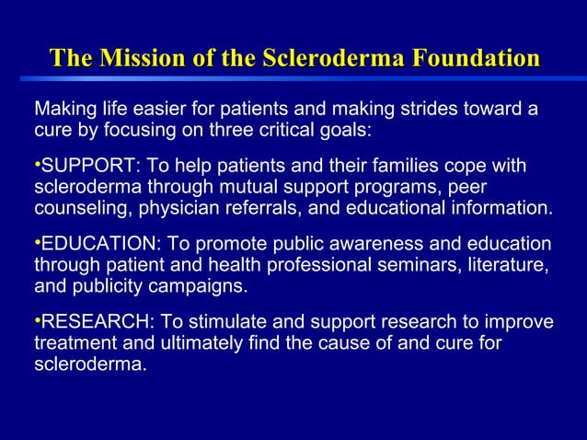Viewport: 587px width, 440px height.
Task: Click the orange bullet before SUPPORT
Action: [37, 164]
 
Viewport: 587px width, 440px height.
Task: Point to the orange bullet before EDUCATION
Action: [37, 242]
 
